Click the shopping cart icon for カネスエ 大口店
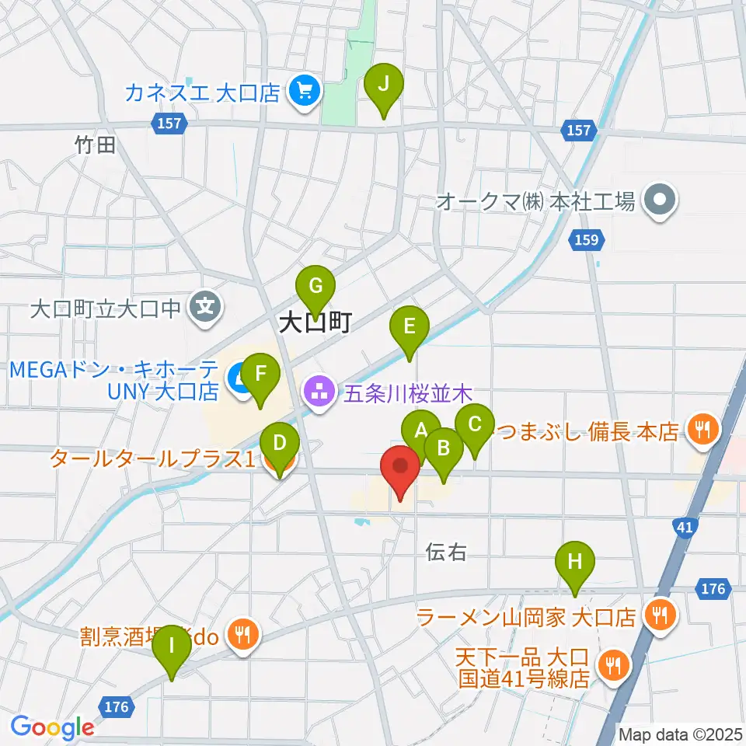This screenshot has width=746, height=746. pos(303,92)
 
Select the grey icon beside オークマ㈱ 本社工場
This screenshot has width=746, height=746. pos(661,202)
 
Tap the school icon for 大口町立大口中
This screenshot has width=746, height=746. pos(205,309)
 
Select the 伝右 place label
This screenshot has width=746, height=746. pos(446,552)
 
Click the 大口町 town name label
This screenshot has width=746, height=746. pos(315,322)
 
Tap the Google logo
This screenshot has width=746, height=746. pos(52,727)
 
